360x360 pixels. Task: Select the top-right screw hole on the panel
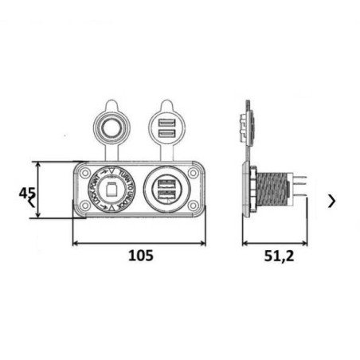[194, 173]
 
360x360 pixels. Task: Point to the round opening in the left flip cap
[111, 127]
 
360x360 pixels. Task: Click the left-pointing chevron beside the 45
[31, 204]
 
